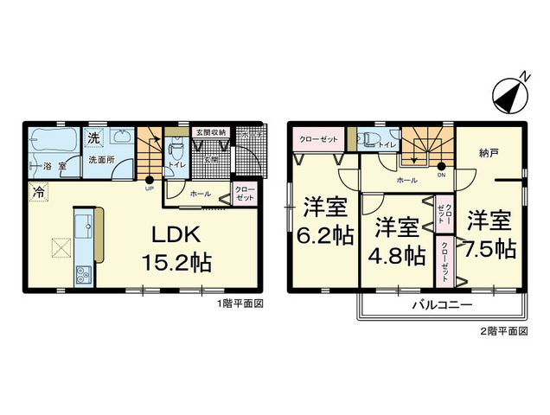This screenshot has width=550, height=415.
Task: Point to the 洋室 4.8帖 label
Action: click(398, 242)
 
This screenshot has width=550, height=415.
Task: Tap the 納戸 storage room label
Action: click(489, 153)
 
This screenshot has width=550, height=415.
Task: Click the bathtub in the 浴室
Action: click(52, 143)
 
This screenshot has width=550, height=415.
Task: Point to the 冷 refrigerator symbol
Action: click(39, 193)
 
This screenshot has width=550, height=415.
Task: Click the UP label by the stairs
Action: click(149, 188)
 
